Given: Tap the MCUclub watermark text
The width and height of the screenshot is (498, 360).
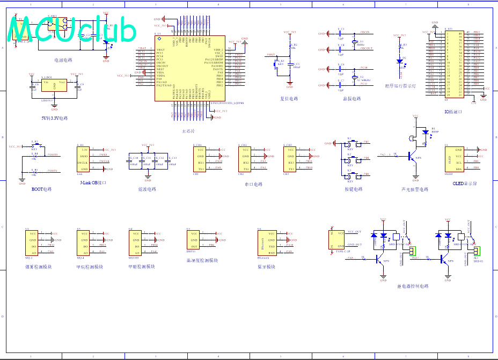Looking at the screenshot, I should click(72, 31).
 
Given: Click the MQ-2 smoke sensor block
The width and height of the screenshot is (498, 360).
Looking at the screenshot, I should click(34, 243).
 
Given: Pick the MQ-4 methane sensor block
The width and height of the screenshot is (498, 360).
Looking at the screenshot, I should click(86, 243).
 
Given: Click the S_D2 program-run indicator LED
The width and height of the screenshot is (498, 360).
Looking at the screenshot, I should click(399, 61).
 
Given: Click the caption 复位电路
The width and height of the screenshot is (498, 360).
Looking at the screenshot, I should click(289, 99).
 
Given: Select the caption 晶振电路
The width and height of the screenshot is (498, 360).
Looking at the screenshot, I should click(351, 99).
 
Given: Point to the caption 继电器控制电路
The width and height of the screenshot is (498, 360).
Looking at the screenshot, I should click(413, 286).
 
